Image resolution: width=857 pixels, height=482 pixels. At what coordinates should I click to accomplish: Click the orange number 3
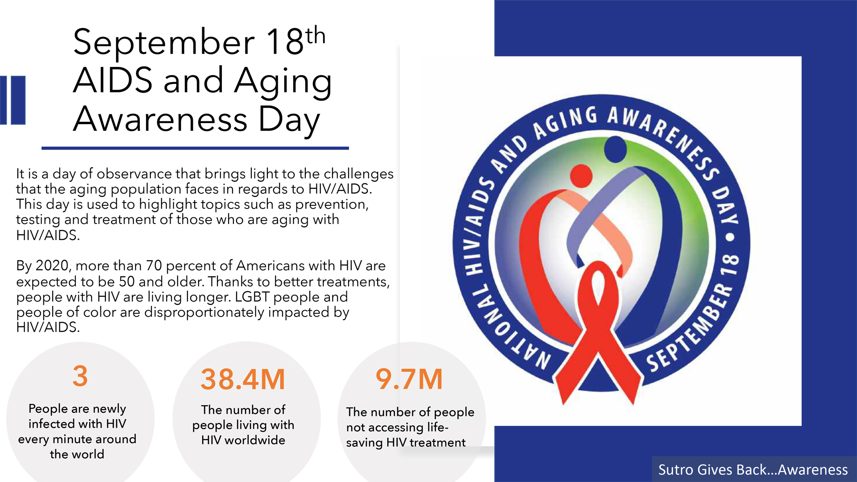click(x=80, y=376)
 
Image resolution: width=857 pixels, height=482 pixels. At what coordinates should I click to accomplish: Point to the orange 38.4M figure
click(x=243, y=379)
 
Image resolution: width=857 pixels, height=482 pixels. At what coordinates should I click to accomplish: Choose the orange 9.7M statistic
click(x=409, y=379)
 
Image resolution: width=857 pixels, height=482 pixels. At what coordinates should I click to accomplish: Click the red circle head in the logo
click(x=581, y=176)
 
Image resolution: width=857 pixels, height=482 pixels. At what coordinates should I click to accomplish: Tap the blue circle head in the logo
click(x=616, y=149)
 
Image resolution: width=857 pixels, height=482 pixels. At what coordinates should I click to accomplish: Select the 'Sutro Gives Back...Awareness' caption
click(x=753, y=470)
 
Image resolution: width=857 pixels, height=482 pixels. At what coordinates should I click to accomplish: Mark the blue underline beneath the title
click(x=195, y=148)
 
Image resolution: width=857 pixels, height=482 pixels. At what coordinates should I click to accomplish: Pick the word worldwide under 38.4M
click(x=255, y=440)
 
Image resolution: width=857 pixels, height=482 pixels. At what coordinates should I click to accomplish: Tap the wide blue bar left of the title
click(x=18, y=100)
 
